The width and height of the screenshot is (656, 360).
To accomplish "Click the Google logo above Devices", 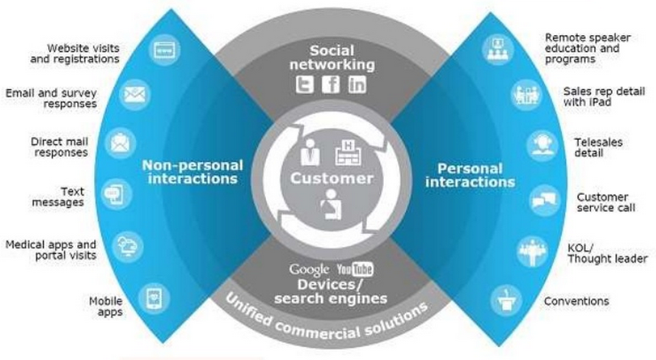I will [310, 269].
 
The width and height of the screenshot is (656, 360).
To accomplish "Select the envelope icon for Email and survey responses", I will [136, 95].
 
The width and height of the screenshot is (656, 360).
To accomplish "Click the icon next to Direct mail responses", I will [119, 142].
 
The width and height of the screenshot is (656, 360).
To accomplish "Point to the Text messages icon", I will [113, 193].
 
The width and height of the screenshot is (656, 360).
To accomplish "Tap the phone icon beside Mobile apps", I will [154, 297].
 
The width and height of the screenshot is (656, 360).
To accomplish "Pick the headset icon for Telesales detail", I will [541, 145].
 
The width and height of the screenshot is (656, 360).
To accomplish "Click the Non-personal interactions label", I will [192, 172].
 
